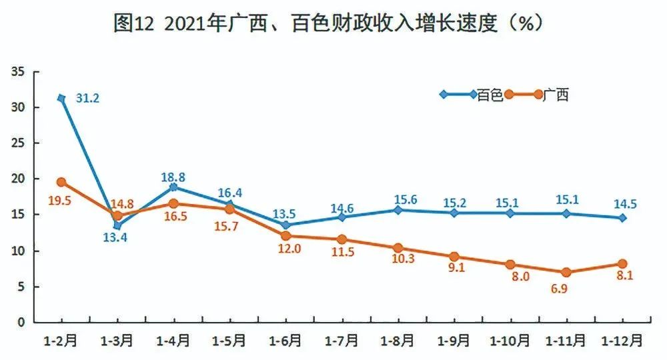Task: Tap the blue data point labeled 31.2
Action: [x=61, y=98]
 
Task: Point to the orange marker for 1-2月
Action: [x=61, y=182]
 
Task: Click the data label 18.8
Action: [x=173, y=177]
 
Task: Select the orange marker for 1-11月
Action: [x=566, y=272]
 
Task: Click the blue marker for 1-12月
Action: [x=622, y=218]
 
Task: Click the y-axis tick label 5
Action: [x=21, y=287]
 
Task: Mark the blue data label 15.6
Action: [x=398, y=199]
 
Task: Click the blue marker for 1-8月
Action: [x=398, y=210]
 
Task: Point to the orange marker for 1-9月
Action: [x=454, y=257]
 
